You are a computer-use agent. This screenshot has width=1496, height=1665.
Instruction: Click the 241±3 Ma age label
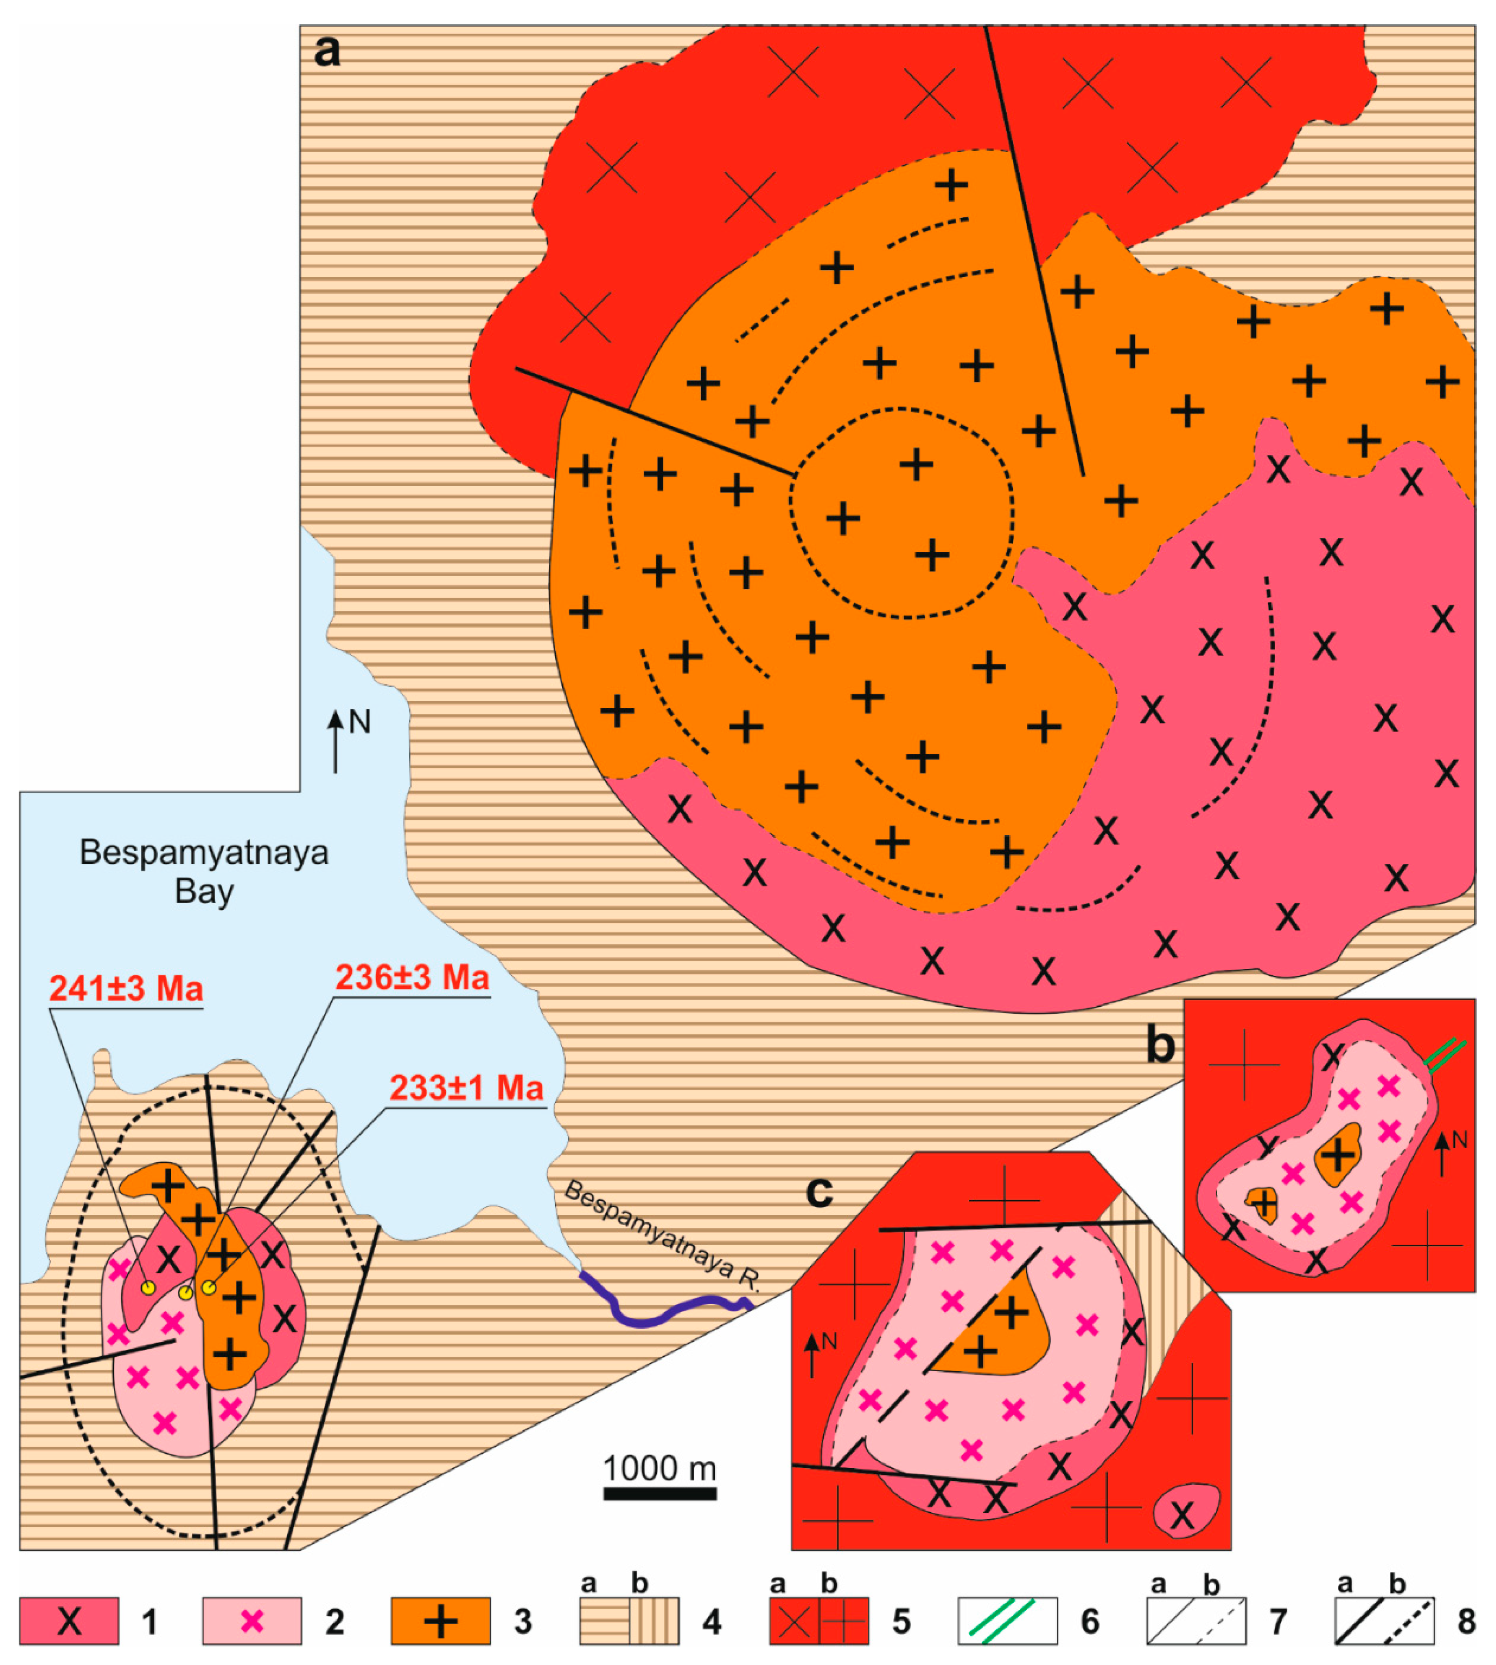pyautogui.click(x=126, y=988)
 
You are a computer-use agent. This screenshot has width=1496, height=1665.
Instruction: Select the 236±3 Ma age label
pyautogui.click(x=412, y=978)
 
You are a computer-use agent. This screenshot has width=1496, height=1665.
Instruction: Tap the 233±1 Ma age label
pyautogui.click(x=466, y=1088)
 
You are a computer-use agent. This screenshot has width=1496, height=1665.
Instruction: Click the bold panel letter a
pyautogui.click(x=327, y=51)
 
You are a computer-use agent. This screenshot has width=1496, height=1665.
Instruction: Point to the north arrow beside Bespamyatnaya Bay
pyautogui.click(x=335, y=740)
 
